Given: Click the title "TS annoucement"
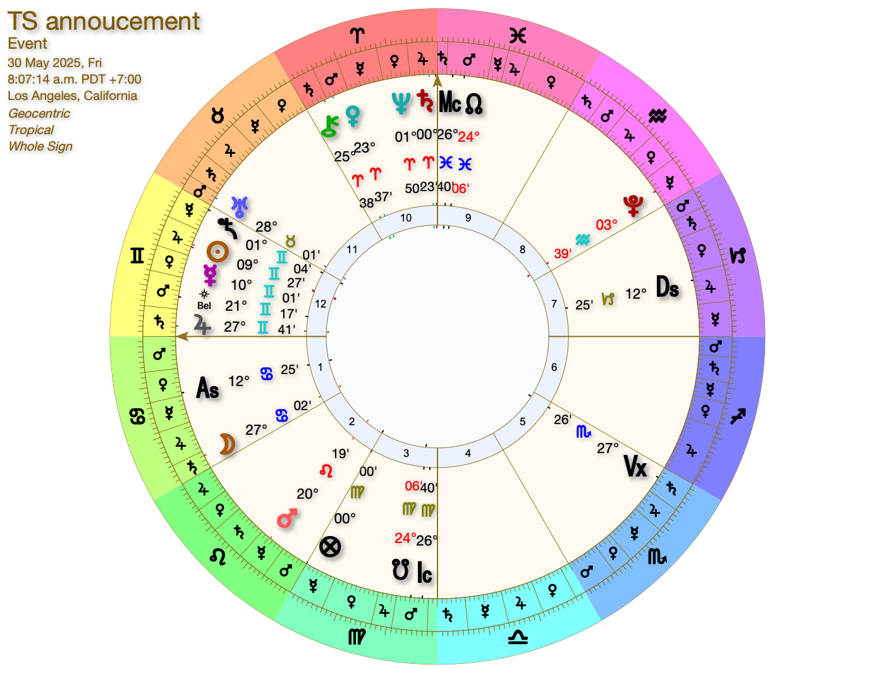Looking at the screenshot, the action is click(104, 22).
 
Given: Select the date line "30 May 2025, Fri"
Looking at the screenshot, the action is click(55, 63).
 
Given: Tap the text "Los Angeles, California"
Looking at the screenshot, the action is click(72, 96).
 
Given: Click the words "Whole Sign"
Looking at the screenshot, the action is click(40, 146).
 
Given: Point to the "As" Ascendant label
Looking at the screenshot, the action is click(208, 388).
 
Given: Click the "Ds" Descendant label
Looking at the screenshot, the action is click(667, 287).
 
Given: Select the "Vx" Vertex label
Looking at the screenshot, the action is click(635, 466).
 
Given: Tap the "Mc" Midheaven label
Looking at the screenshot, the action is click(450, 102).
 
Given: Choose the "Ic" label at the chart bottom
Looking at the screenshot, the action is click(424, 573).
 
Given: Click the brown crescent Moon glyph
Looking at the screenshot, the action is click(227, 444).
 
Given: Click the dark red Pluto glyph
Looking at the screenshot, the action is click(633, 204).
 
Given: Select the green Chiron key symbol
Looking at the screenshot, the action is click(329, 127).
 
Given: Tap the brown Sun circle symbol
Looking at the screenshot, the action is click(217, 252).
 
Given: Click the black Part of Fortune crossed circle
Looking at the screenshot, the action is click(330, 546).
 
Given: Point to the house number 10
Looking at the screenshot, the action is click(406, 218).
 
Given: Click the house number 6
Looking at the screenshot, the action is click(554, 367).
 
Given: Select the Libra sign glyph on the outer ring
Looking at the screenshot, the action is click(518, 637).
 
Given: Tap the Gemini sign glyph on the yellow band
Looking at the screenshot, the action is click(137, 256).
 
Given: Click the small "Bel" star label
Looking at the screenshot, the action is click(204, 306).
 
